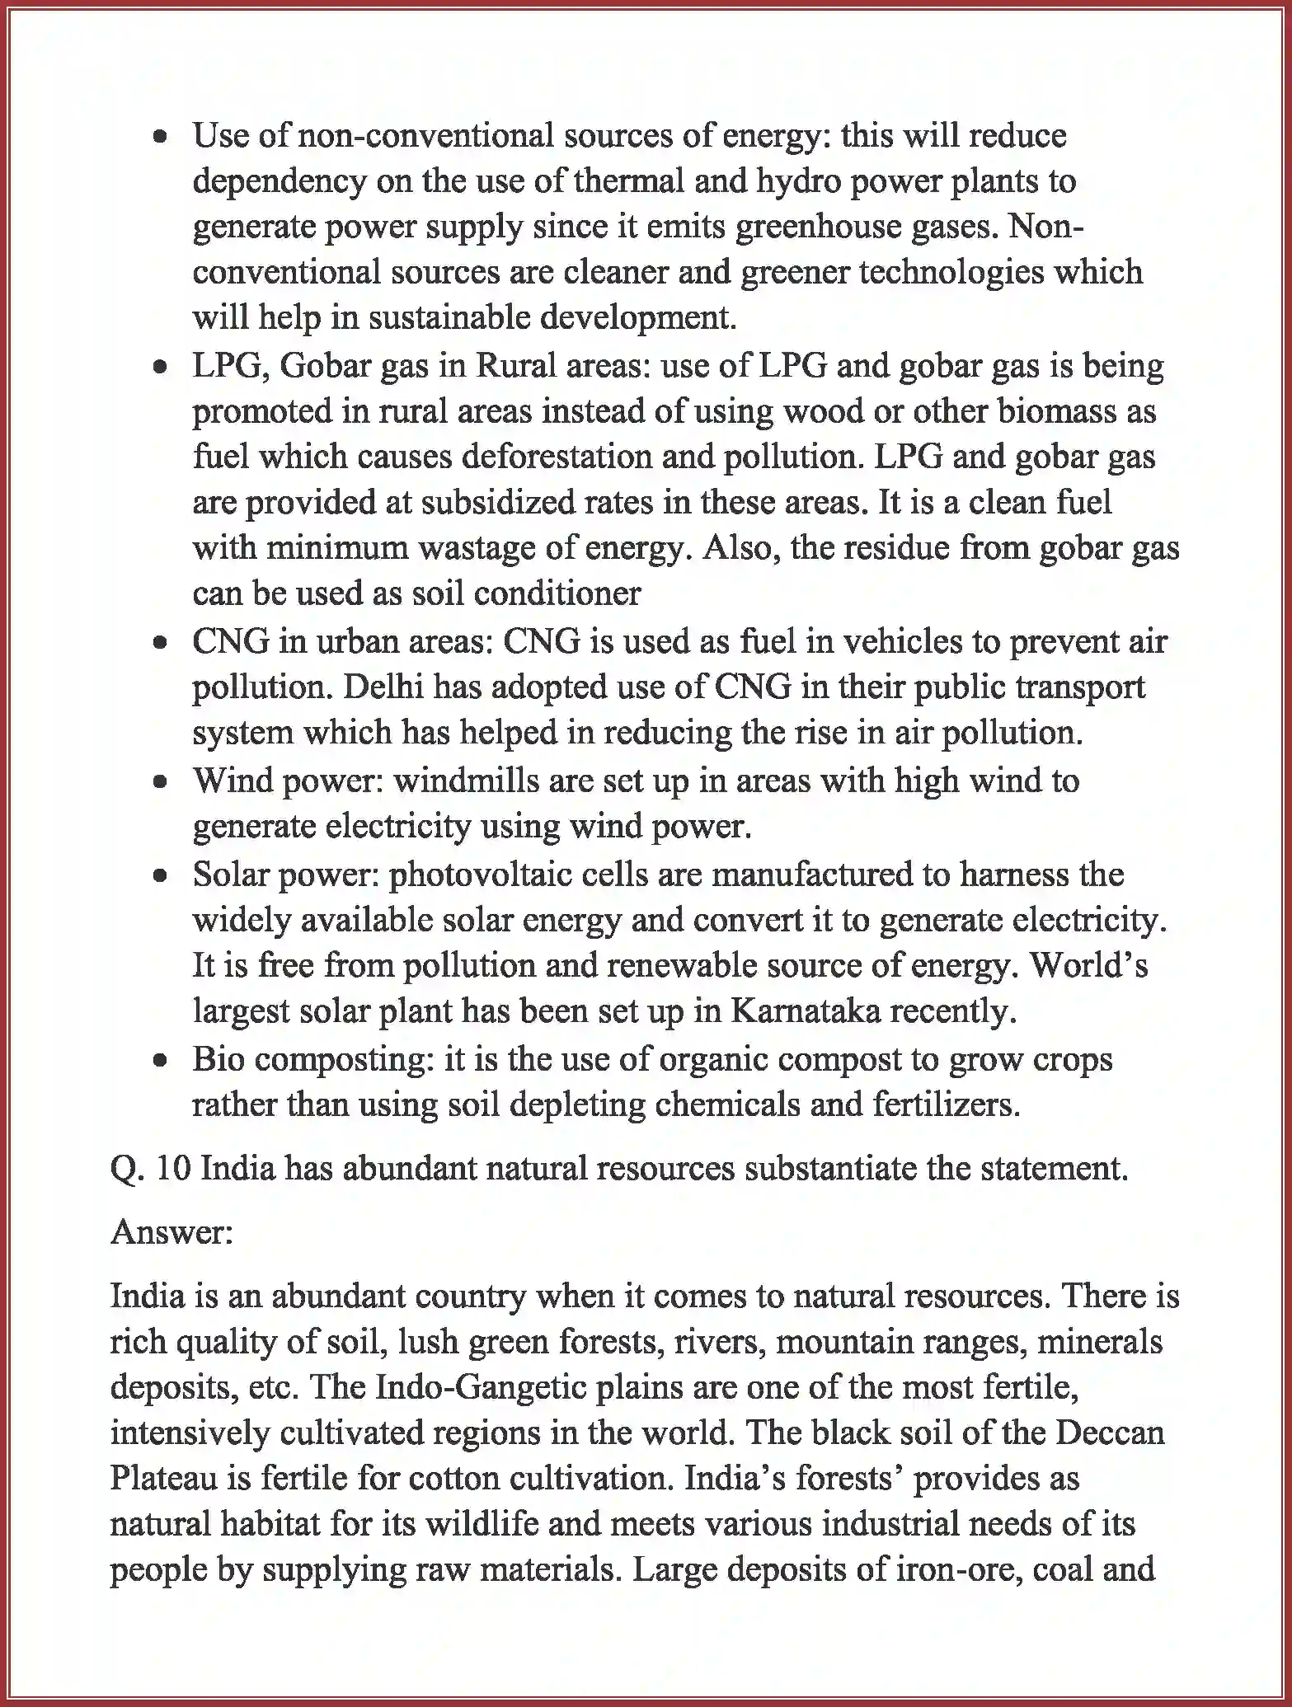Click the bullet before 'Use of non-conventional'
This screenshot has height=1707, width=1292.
[x=162, y=136]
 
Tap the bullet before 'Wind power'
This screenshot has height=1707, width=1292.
[x=162, y=781]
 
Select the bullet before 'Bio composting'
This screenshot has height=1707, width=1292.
[x=162, y=1061]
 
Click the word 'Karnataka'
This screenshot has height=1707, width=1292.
[x=806, y=1011]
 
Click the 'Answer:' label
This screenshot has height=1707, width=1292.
[x=171, y=1231]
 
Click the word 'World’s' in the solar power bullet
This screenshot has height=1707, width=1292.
[x=1088, y=965]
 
